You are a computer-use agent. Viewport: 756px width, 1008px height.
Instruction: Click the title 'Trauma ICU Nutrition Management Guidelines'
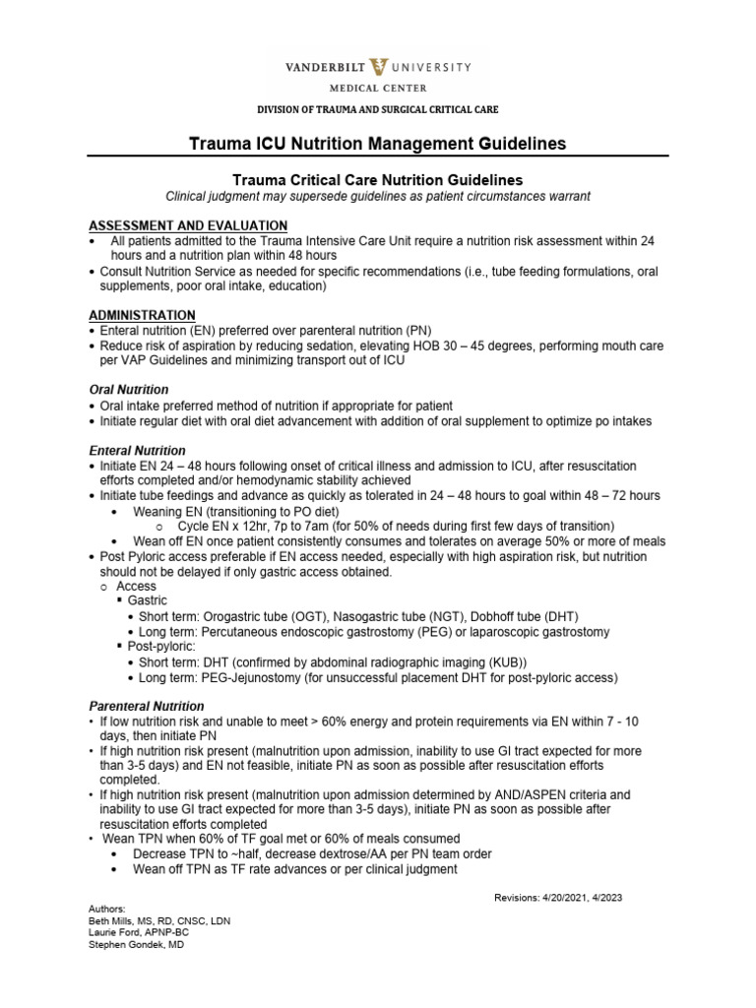pos(377,144)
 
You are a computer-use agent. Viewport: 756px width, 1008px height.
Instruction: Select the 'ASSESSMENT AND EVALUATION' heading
pos(187,225)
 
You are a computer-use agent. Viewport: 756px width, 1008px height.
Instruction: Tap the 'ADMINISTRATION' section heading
pos(142,313)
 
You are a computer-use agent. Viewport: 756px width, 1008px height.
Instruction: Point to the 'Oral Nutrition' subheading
pos(128,390)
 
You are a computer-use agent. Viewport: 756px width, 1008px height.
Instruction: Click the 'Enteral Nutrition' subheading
pos(137,450)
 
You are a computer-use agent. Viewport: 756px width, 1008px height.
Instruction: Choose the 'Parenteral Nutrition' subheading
pos(147,706)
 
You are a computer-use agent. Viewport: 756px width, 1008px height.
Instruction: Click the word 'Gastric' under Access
pos(148,600)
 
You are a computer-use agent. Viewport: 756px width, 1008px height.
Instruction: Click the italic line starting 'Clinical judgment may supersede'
pos(378,196)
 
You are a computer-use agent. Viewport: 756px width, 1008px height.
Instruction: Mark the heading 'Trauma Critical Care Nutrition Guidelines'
pos(377,179)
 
